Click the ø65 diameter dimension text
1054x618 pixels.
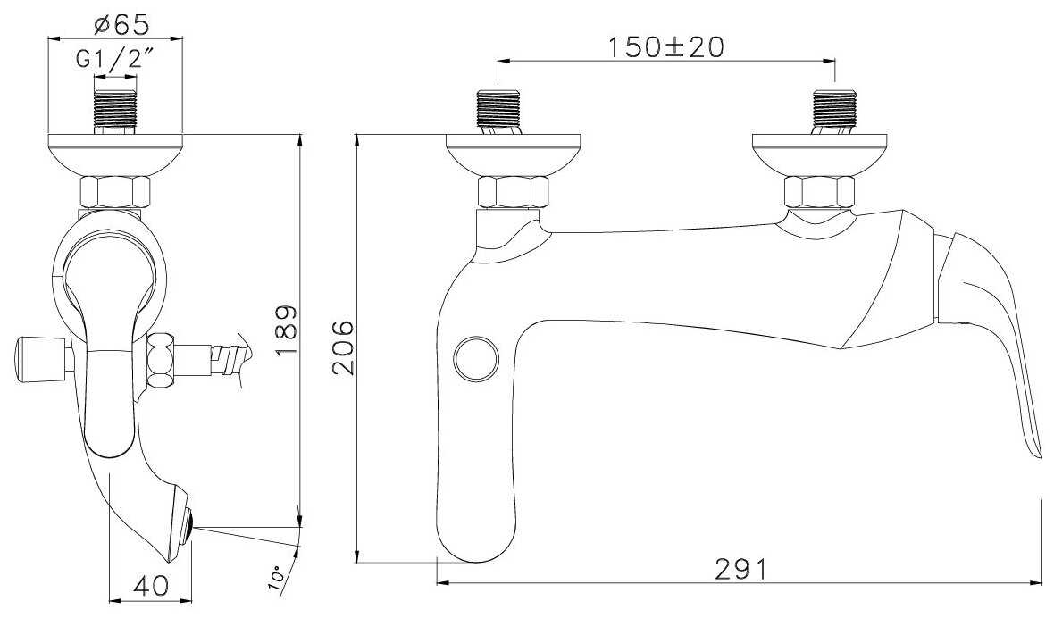click(x=121, y=25)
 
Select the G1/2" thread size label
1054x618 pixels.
click(x=111, y=60)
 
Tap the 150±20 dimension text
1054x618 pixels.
click(x=666, y=47)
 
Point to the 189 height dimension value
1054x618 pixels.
click(x=287, y=330)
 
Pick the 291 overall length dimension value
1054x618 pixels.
click(x=740, y=570)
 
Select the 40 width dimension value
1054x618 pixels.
click(x=152, y=585)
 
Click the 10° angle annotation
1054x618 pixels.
click(x=276, y=577)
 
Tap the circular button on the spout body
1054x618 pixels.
click(x=476, y=359)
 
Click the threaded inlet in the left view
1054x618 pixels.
click(x=115, y=104)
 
